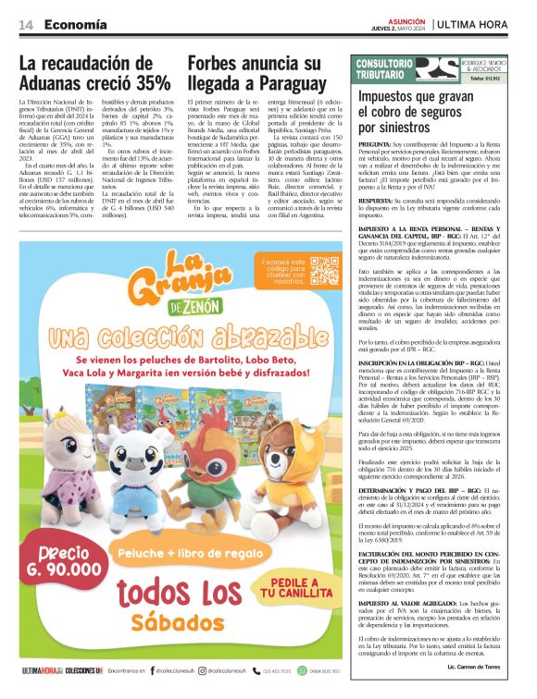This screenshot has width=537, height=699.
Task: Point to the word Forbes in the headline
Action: tap(219, 63)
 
